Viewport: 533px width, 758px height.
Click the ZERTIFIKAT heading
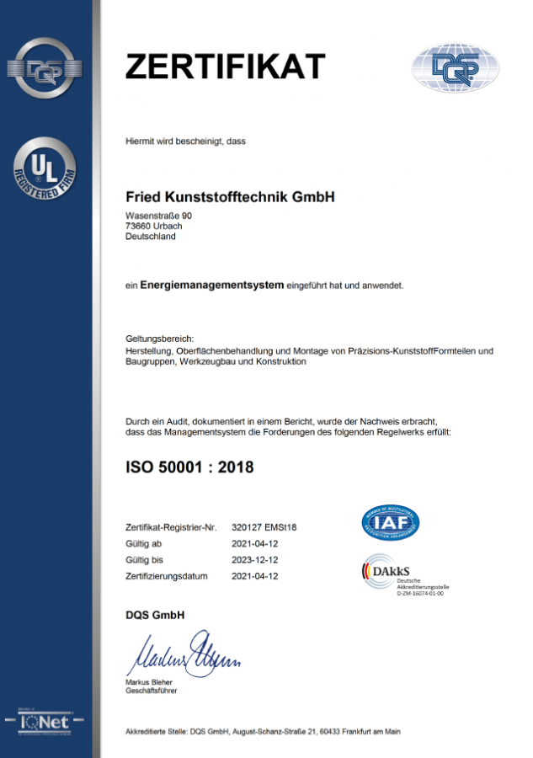(225, 65)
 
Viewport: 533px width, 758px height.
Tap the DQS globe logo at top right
(455, 67)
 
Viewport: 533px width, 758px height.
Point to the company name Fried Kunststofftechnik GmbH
(230, 197)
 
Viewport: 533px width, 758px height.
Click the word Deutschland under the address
(150, 237)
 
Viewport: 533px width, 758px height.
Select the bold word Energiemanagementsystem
(211, 285)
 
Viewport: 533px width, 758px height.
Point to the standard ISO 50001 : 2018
(189, 466)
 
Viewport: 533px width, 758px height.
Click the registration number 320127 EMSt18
(264, 528)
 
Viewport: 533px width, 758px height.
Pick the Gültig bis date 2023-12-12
(255, 560)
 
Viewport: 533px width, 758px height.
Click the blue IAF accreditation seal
(391, 523)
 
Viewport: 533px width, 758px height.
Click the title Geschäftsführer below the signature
(151, 691)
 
